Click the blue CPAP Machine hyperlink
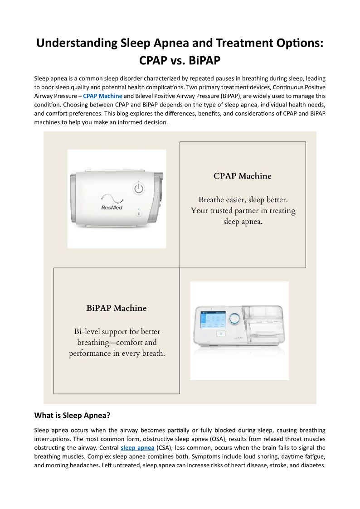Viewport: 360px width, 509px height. [102, 96]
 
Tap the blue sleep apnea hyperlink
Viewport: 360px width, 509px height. [137, 448]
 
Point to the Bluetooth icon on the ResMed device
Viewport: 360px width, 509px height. [139, 213]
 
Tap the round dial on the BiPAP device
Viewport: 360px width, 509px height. [234, 319]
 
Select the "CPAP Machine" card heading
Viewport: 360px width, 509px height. [243, 176]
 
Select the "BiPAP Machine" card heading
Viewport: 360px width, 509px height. [117, 308]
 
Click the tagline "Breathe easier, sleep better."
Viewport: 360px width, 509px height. [243, 199]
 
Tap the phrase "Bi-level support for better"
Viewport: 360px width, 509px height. [117, 331]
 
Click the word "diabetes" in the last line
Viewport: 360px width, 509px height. [313, 465]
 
